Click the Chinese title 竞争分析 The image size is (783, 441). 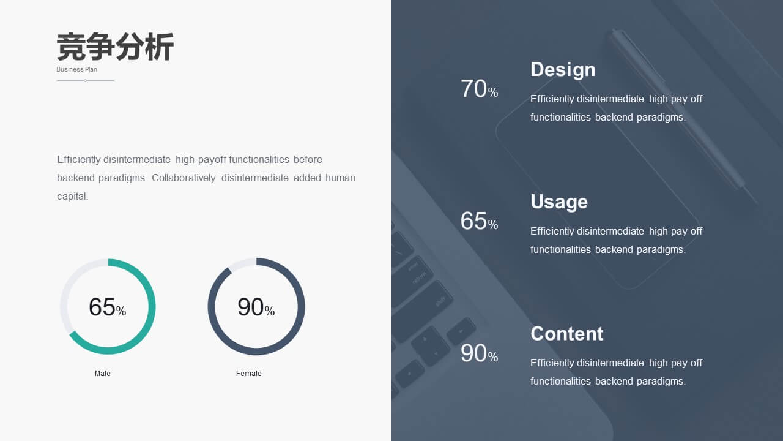(115, 47)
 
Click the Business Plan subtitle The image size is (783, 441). (76, 69)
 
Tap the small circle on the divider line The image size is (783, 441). (85, 80)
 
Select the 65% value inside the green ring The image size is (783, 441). (107, 307)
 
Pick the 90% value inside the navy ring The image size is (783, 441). (256, 307)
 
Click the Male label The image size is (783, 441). (102, 374)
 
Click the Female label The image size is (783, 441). (248, 374)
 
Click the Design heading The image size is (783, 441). (563, 70)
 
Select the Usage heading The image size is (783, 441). (559, 202)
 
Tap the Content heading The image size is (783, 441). (566, 334)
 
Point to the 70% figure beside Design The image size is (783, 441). (479, 89)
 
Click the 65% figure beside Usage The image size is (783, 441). (479, 221)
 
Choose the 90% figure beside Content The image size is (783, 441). (479, 353)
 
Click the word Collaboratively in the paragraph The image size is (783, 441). (184, 178)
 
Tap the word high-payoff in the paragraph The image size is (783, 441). (201, 160)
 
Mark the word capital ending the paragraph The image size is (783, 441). (72, 197)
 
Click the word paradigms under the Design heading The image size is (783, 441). (661, 118)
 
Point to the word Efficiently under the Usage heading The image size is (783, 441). (552, 232)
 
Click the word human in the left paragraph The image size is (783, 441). (340, 178)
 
